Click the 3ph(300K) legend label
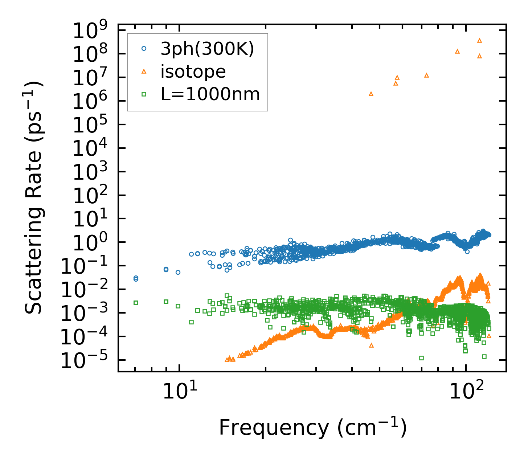(x=207, y=49)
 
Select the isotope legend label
(x=193, y=71)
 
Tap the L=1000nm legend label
(x=210, y=94)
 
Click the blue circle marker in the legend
(x=144, y=49)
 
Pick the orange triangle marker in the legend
(x=144, y=71)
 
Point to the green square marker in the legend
(x=144, y=94)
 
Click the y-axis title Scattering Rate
(x=34, y=198)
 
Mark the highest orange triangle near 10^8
(x=479, y=41)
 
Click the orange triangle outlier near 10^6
(x=371, y=94)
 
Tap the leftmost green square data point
(x=136, y=303)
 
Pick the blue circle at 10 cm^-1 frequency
(x=178, y=272)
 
